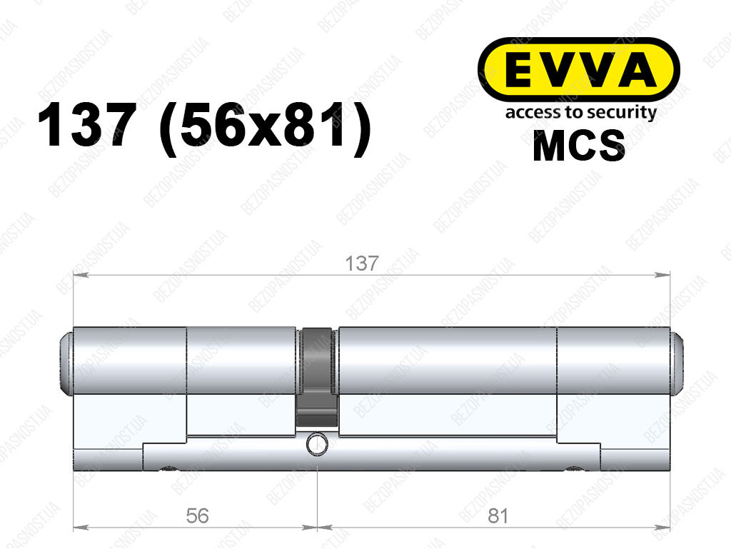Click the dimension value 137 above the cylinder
362,263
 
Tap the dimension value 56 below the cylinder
197,516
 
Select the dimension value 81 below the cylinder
498,516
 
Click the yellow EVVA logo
578,70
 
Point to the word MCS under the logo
578,145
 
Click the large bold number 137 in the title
87,125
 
